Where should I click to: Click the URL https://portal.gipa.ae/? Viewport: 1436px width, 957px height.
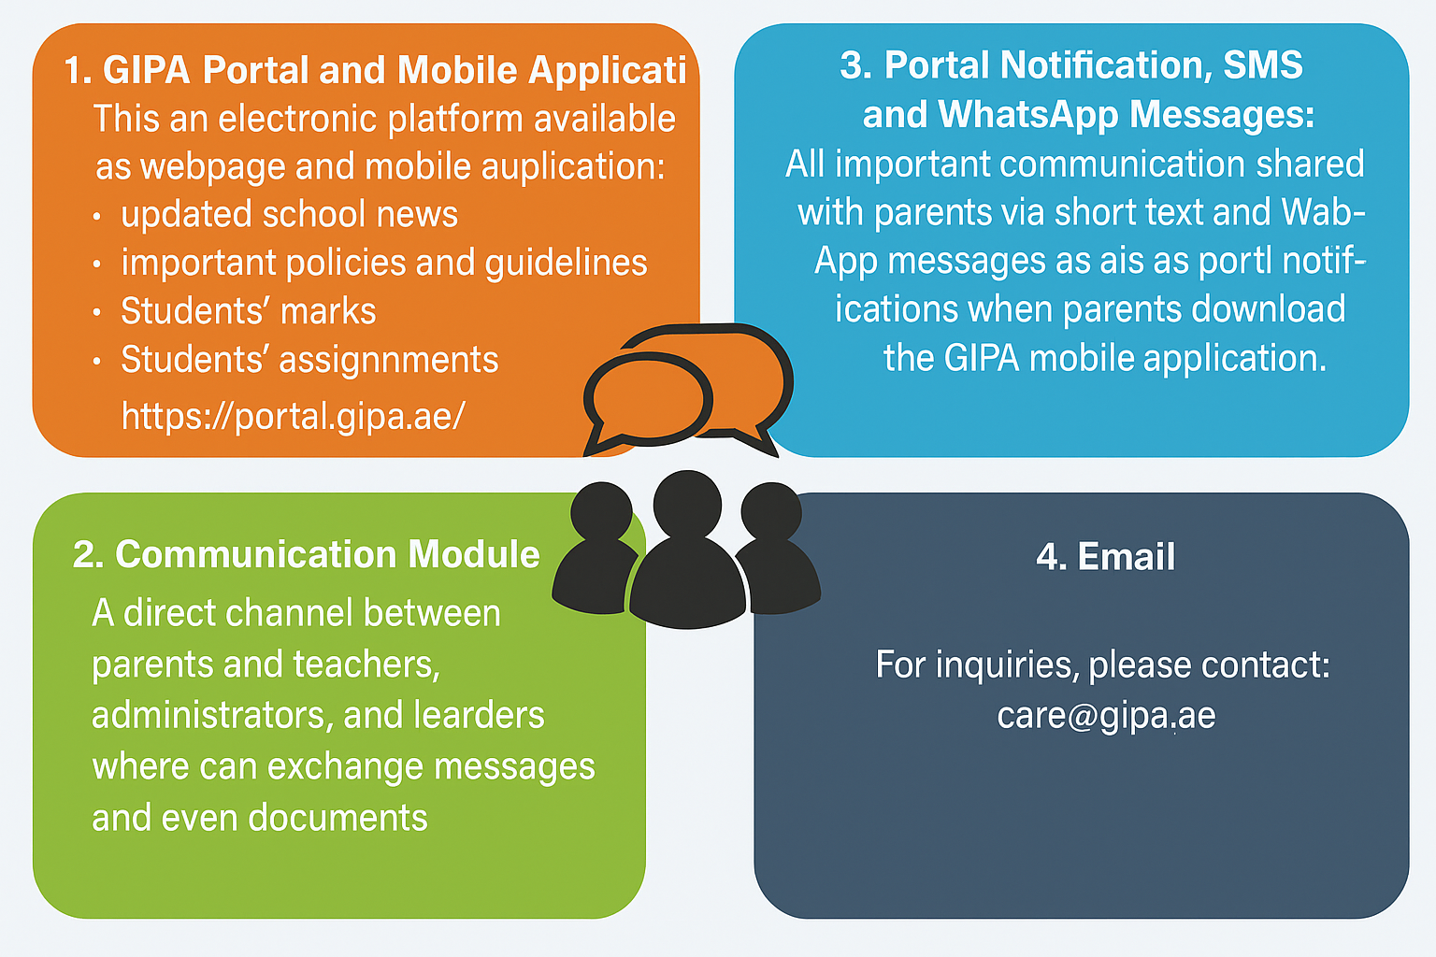pyautogui.click(x=293, y=415)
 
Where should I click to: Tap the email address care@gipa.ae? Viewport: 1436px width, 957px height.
pyautogui.click(x=1106, y=716)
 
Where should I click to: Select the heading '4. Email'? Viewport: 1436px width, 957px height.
pyautogui.click(x=1105, y=557)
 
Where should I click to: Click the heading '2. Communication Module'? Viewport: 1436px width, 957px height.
pyautogui.click(x=307, y=554)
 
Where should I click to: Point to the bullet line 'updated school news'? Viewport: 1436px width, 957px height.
pyautogui.click(x=289, y=214)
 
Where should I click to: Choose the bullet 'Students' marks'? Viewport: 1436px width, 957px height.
pyautogui.click(x=248, y=311)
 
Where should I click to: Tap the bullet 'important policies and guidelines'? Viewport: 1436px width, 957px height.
pyautogui.click(x=383, y=263)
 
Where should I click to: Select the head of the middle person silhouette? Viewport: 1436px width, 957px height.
pyautogui.click(x=687, y=502)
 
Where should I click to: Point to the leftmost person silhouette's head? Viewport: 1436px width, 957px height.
pyautogui.click(x=602, y=511)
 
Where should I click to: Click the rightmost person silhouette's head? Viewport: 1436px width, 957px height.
pyautogui.click(x=771, y=511)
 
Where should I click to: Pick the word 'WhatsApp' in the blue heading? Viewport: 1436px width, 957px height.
pyautogui.click(x=1027, y=114)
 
